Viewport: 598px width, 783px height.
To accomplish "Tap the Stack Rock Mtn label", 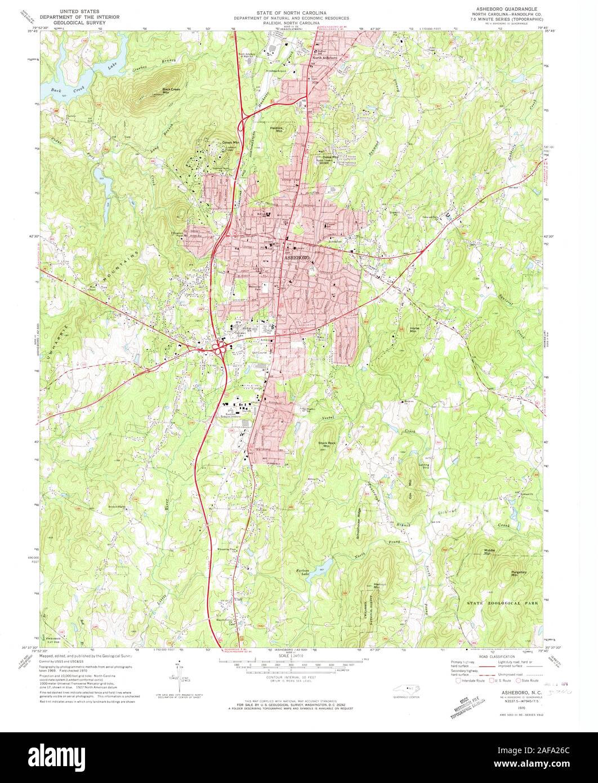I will (323, 444).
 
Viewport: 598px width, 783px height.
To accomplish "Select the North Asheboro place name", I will (325, 57).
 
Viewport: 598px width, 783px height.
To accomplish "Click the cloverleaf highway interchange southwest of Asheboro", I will (218, 348).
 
